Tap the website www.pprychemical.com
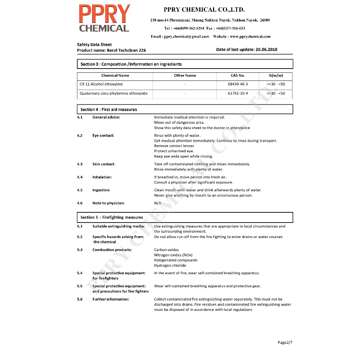coord(250,37)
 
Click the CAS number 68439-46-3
coord(238,84)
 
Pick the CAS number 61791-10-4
coord(238,94)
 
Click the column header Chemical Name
coord(115,76)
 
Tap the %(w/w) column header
coord(276,76)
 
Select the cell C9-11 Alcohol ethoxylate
coord(101,84)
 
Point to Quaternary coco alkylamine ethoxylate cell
coord(114,94)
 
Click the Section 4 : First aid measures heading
coord(109,110)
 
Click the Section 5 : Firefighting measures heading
coord(111,217)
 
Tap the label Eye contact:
coord(103,136)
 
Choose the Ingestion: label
coord(101,190)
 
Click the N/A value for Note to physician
coord(157,203)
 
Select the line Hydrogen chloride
coord(170,266)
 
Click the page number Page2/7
coord(285,342)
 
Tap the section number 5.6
coord(80,300)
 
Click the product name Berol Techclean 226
coord(126,50)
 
